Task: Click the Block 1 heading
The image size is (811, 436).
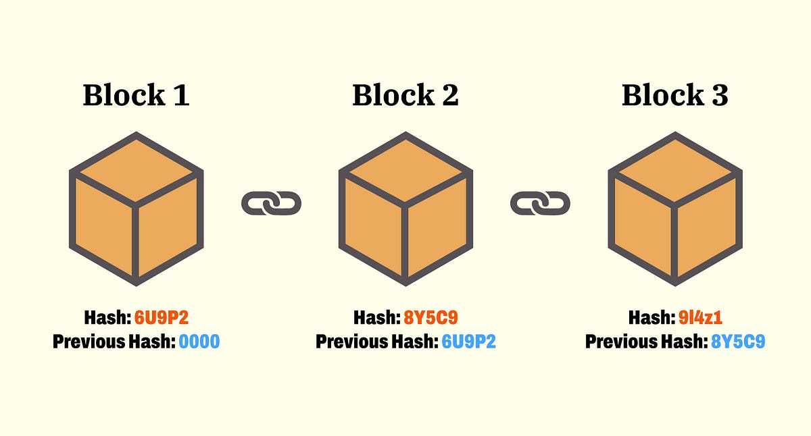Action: (136, 95)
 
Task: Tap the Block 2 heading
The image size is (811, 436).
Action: (405, 95)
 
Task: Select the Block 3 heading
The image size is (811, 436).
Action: (674, 95)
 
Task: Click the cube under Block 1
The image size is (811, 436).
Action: (136, 209)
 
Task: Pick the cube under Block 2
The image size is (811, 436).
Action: (405, 209)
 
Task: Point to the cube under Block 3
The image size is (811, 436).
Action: (674, 209)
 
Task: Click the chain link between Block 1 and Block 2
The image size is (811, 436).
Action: (271, 203)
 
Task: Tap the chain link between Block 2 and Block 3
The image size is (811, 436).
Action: (540, 203)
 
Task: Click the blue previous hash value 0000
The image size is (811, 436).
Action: (199, 342)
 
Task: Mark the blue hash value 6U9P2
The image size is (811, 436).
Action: (468, 342)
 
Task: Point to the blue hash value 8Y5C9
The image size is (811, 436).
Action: (738, 342)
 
